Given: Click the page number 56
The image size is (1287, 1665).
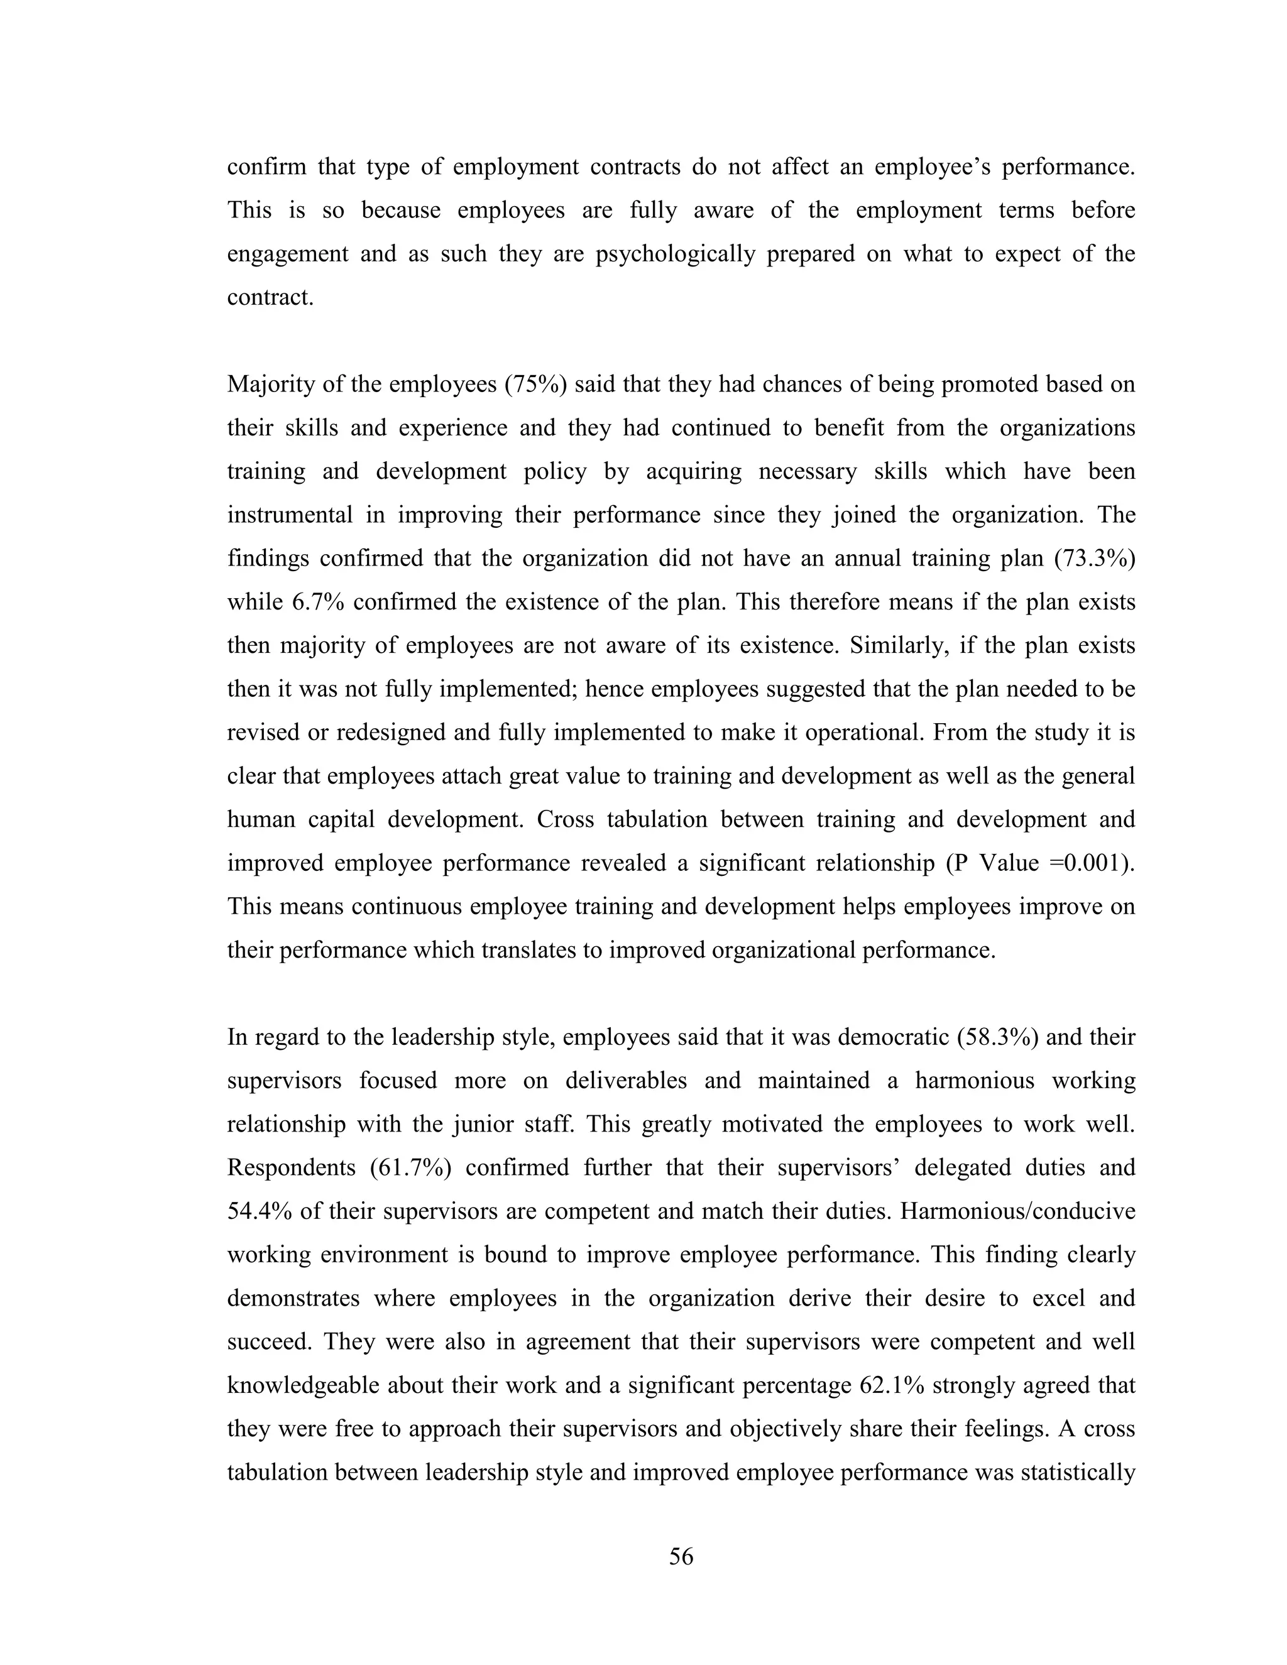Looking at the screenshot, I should pyautogui.click(x=681, y=1556).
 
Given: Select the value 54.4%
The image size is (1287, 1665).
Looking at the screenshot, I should pyautogui.click(x=257, y=1211).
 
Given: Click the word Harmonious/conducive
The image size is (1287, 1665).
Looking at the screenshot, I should pyautogui.click(x=1017, y=1211).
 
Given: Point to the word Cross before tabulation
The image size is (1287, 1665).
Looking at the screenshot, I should pyautogui.click(x=565, y=819).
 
